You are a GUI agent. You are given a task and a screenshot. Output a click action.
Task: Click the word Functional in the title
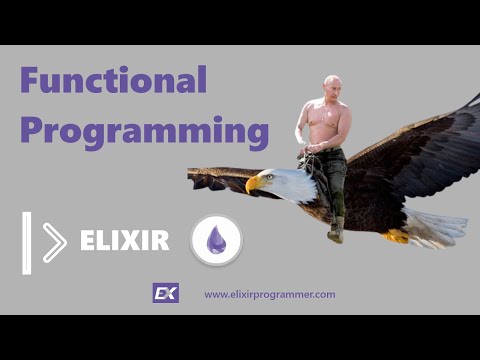(113, 80)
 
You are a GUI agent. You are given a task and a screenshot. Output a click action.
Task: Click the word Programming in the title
(145, 131)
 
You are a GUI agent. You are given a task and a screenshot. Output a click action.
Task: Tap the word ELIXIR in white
(124, 241)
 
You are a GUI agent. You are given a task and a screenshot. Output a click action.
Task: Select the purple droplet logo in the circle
(216, 240)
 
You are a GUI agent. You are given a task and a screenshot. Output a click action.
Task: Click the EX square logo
(165, 293)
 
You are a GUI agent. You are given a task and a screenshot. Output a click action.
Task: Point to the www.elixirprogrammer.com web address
(269, 294)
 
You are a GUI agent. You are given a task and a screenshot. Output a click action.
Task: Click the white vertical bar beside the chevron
(27, 242)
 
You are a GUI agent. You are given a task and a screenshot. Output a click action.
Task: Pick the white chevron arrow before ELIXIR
(54, 242)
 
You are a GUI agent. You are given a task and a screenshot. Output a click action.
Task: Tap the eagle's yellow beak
(253, 184)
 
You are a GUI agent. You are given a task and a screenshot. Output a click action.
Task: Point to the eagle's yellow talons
(397, 236)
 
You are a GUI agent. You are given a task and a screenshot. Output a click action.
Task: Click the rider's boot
(335, 232)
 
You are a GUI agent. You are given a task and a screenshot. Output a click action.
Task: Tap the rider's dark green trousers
(334, 175)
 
